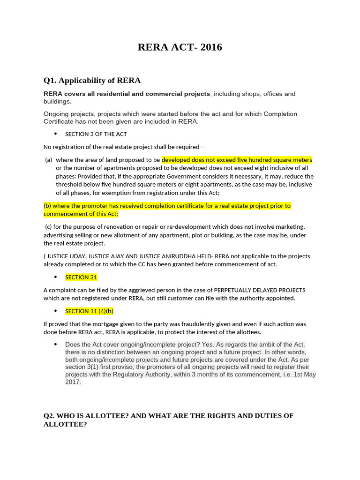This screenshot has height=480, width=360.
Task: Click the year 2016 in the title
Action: (x=211, y=47)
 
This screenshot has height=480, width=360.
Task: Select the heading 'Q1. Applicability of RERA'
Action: (x=92, y=80)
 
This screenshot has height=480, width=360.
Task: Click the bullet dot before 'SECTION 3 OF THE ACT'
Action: (x=56, y=134)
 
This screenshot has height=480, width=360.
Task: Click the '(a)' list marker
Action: (x=48, y=160)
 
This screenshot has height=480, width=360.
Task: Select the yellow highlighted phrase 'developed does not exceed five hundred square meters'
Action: (x=237, y=160)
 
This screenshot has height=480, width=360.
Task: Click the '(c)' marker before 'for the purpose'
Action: (x=48, y=226)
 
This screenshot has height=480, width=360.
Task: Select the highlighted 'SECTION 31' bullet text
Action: (x=81, y=277)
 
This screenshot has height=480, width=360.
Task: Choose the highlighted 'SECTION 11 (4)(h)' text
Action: (x=89, y=311)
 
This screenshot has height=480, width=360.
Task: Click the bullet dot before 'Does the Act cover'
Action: (x=56, y=345)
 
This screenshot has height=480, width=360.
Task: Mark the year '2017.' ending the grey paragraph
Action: (x=73, y=382)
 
